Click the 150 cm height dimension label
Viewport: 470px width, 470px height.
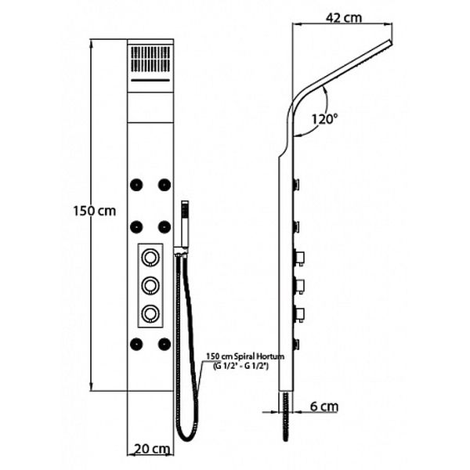point(95,211)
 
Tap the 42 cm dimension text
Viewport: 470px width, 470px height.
point(344,18)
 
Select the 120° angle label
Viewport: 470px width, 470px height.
point(324,119)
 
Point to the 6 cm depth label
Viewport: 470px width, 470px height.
point(324,406)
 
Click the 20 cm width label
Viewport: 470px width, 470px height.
point(152,449)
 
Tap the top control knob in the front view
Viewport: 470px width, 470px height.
point(150,258)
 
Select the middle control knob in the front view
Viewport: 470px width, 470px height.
point(150,285)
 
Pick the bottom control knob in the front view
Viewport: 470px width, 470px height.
point(150,313)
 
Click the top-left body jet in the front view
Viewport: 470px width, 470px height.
point(136,185)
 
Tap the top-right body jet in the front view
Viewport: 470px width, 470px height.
point(164,185)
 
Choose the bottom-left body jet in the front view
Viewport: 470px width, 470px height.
point(136,344)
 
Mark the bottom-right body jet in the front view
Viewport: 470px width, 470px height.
point(164,344)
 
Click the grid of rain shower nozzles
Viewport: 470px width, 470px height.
point(150,59)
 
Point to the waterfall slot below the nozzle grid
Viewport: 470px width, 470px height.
point(150,81)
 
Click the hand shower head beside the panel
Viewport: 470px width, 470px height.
point(185,224)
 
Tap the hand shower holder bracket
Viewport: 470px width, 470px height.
point(182,252)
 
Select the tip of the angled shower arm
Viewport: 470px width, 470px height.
point(391,43)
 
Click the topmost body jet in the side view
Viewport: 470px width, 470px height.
point(297,184)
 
